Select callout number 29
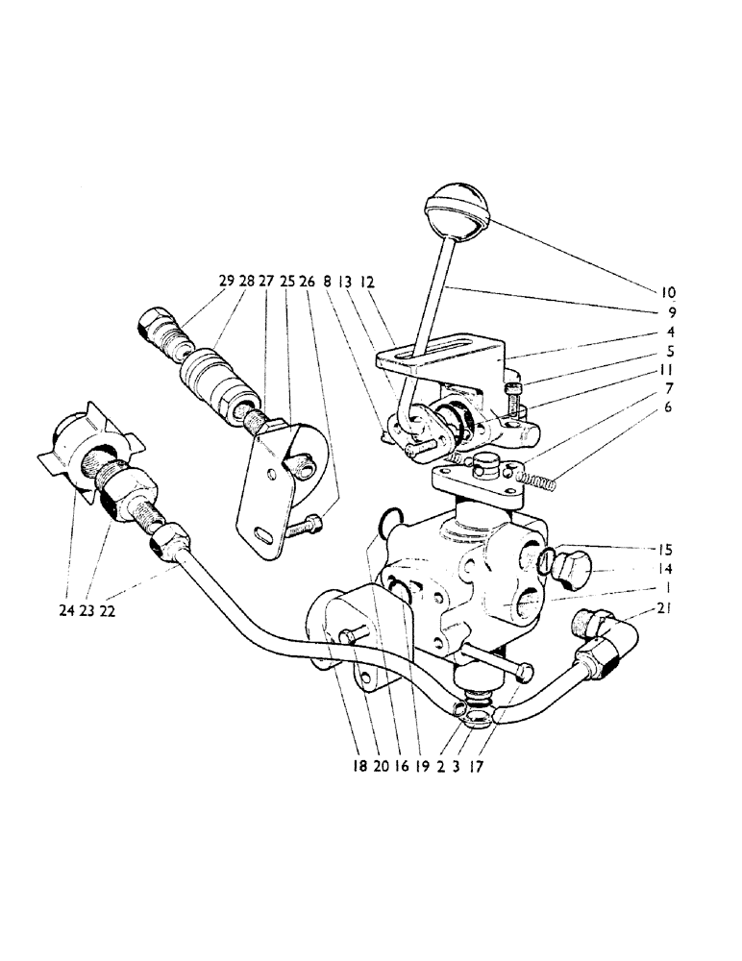click(226, 282)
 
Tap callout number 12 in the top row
click(369, 282)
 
